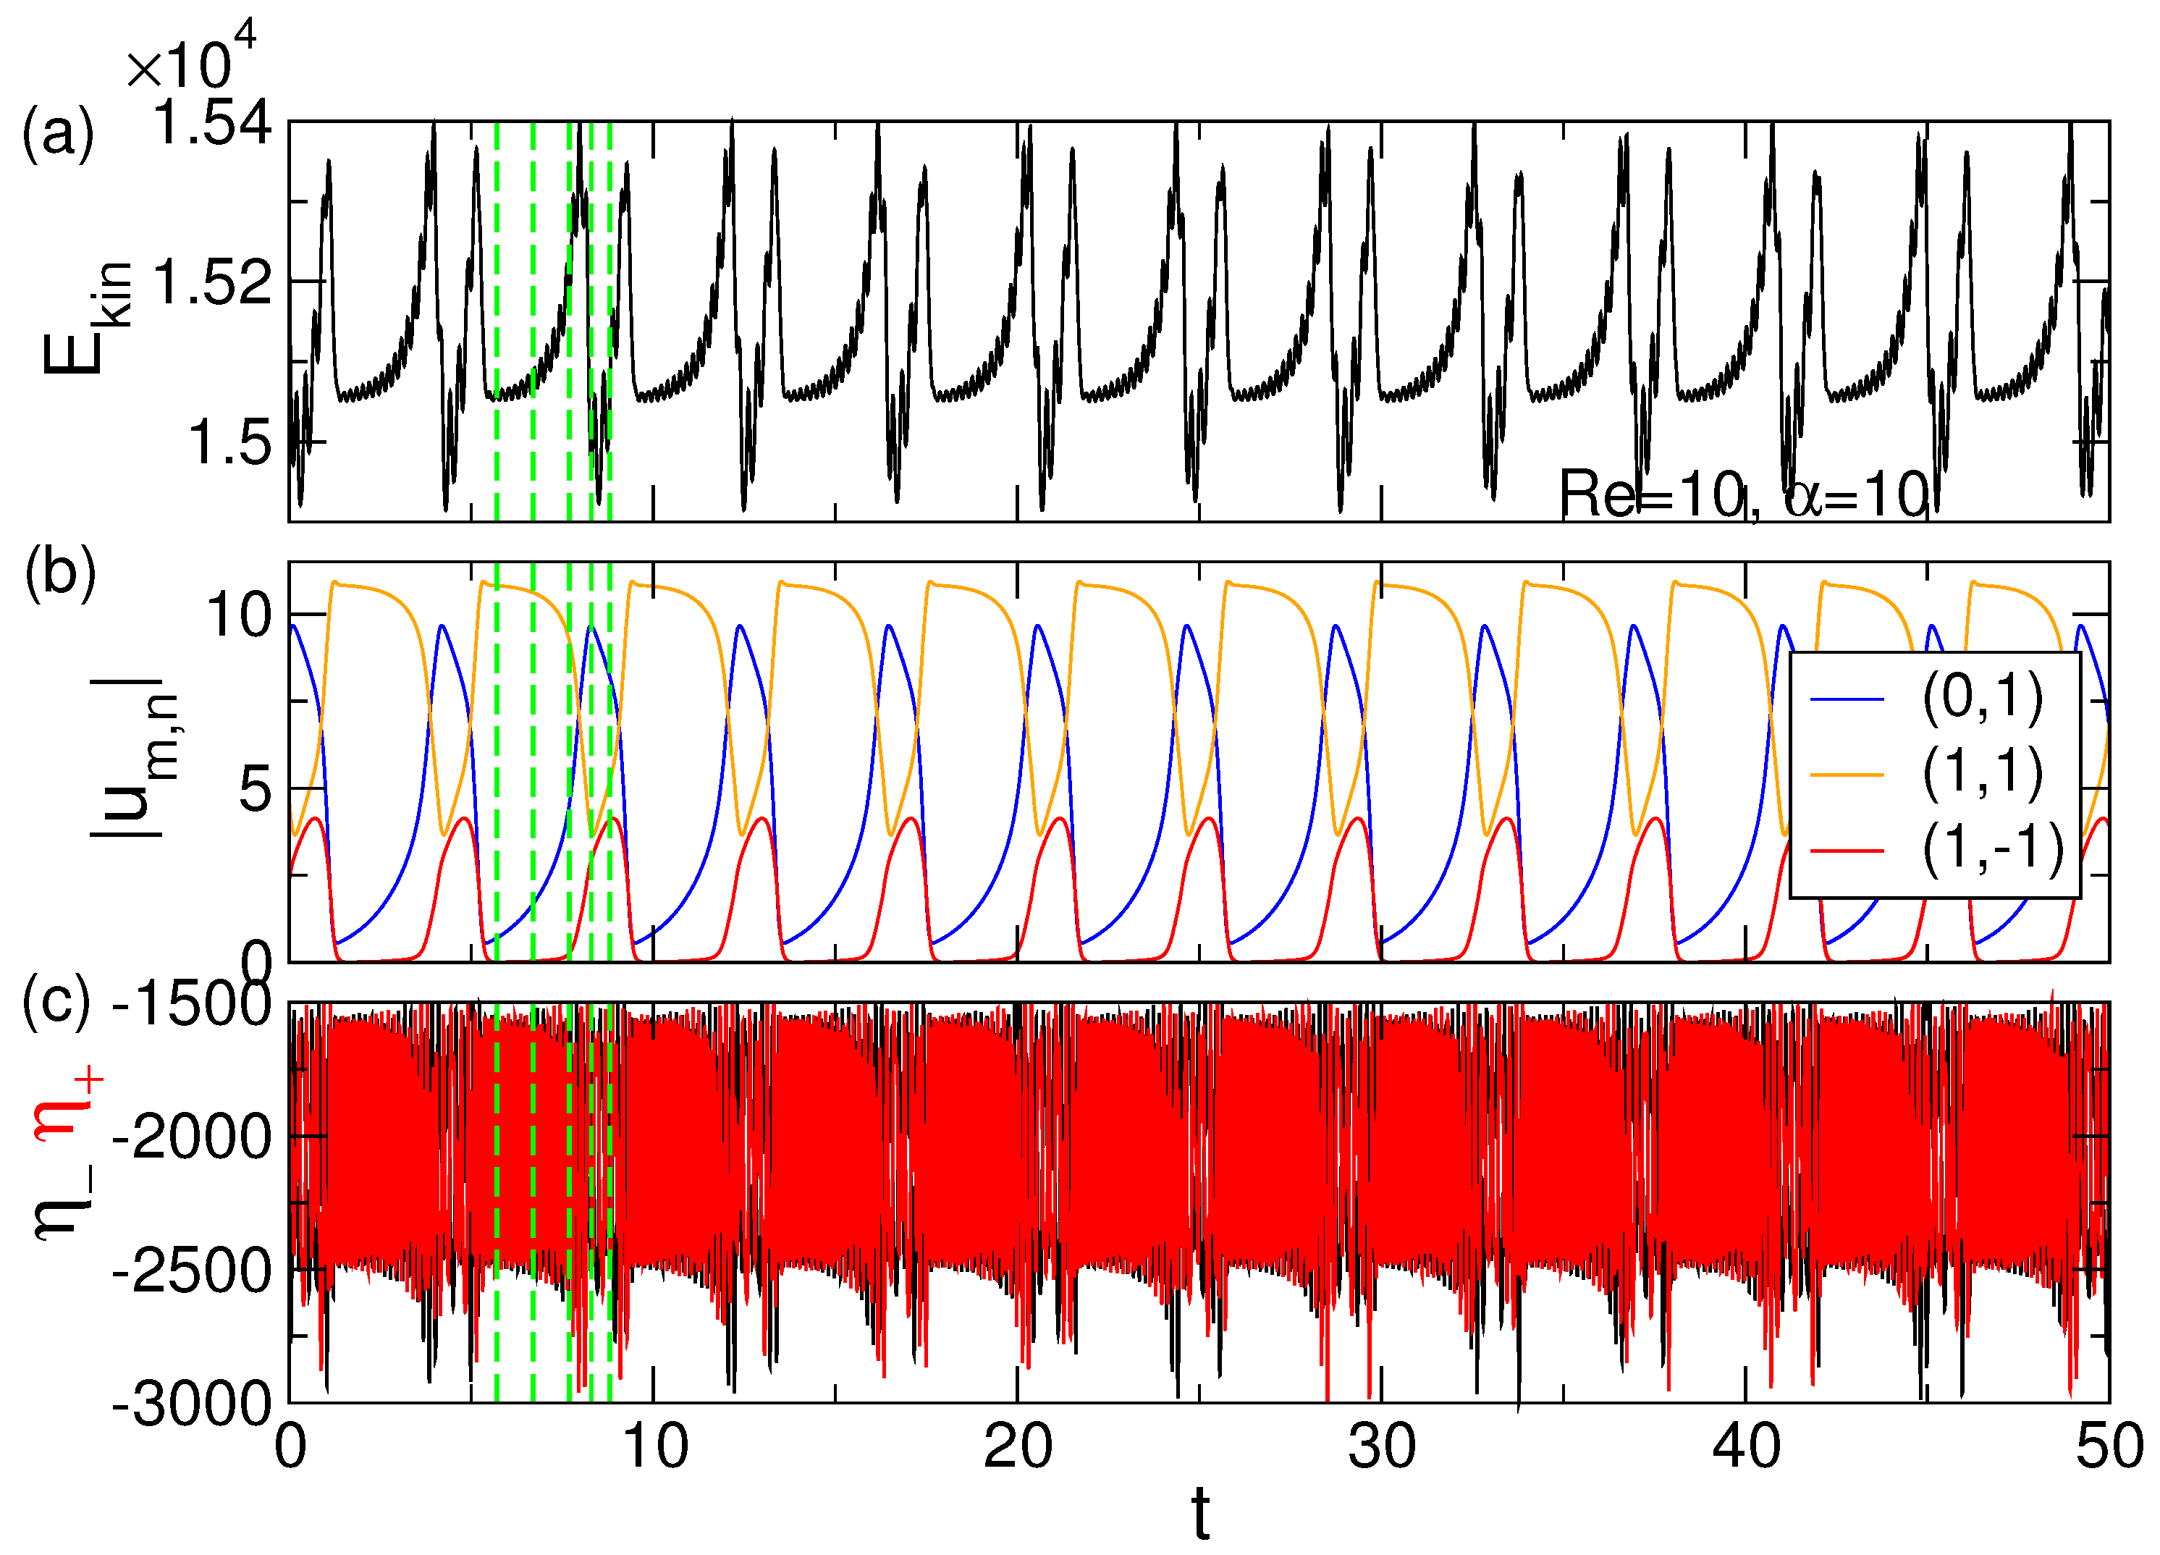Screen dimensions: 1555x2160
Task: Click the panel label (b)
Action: coord(60,573)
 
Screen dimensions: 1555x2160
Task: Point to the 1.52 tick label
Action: coord(211,283)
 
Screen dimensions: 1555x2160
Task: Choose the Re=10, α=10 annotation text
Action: coord(1744,495)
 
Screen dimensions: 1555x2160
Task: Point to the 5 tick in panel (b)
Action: coord(256,789)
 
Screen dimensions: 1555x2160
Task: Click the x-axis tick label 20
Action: coord(1017,1447)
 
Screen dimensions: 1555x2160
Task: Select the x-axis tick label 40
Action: coord(1746,1447)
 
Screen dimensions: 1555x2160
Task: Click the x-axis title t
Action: coord(1201,1514)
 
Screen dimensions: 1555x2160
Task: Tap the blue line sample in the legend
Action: coord(1847,700)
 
